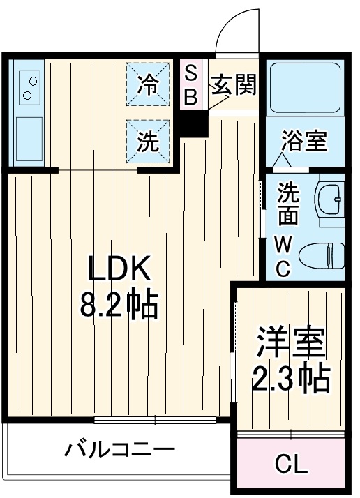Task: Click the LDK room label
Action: point(118,269)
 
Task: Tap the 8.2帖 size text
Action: point(118,305)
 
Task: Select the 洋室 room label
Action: point(291,341)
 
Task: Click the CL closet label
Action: point(290,464)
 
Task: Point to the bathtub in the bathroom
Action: point(304,89)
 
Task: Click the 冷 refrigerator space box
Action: point(147,84)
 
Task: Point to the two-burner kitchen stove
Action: point(29,87)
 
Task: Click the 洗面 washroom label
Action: point(288,203)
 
